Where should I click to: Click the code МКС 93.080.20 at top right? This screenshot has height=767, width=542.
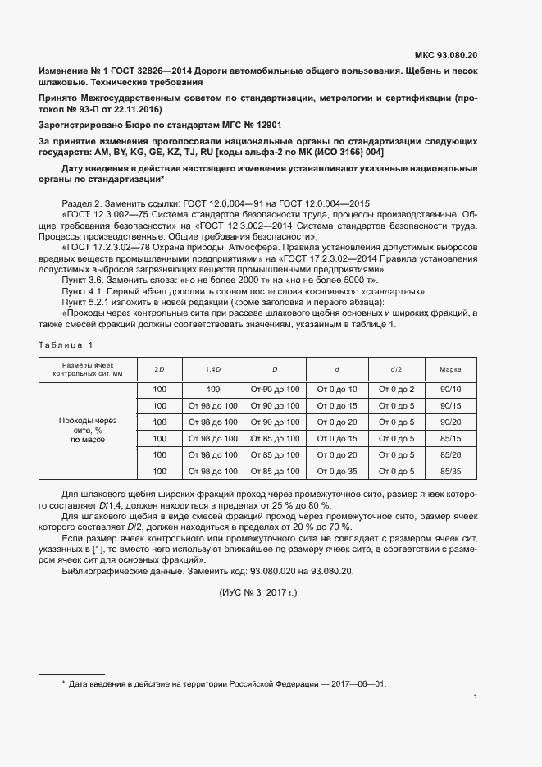(446, 56)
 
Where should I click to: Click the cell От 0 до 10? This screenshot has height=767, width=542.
(337, 389)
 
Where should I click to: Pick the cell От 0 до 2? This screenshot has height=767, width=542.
(395, 389)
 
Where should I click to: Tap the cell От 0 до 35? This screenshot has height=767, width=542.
(337, 471)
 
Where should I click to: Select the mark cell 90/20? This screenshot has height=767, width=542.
(450, 422)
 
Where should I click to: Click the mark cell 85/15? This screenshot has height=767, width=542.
(450, 438)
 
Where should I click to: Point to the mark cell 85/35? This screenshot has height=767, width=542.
(450, 471)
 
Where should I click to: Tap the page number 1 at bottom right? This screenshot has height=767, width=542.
(476, 697)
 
